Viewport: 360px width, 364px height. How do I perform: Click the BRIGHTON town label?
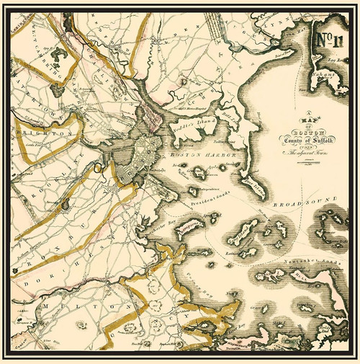click(53, 135)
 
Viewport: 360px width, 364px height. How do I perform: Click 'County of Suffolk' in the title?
click(302, 138)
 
